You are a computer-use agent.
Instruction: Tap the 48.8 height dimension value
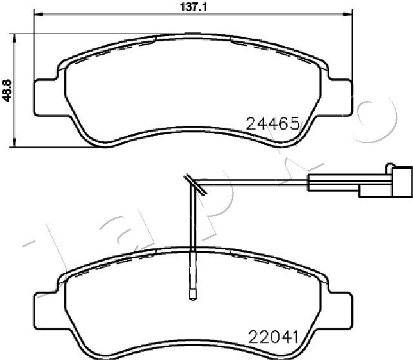6,90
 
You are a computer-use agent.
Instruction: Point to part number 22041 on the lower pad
272,335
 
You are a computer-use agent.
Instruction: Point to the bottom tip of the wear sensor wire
192,297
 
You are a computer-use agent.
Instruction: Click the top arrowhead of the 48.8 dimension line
15,36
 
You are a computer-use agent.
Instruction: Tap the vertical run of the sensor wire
192,239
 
